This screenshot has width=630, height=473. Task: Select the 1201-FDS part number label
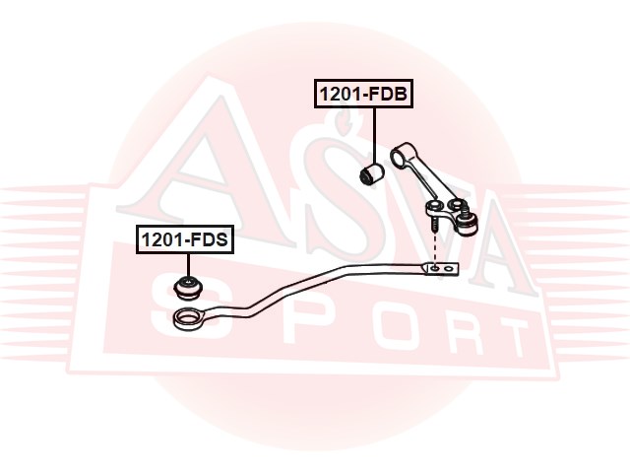coord(185,238)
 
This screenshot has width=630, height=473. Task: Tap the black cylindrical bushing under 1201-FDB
coord(373,175)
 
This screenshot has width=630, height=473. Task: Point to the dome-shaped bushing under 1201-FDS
coord(186,287)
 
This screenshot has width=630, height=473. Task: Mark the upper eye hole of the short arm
coord(398,153)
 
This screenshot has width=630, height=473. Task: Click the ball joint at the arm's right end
coord(467,219)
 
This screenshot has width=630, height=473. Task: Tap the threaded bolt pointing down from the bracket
coord(434,227)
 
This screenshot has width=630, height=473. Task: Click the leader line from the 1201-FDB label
coord(374,133)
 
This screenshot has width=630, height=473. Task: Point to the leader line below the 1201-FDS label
coord(186,264)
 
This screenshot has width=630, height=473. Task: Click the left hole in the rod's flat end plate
coord(434,267)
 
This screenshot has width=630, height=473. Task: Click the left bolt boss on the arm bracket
coord(434,207)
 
